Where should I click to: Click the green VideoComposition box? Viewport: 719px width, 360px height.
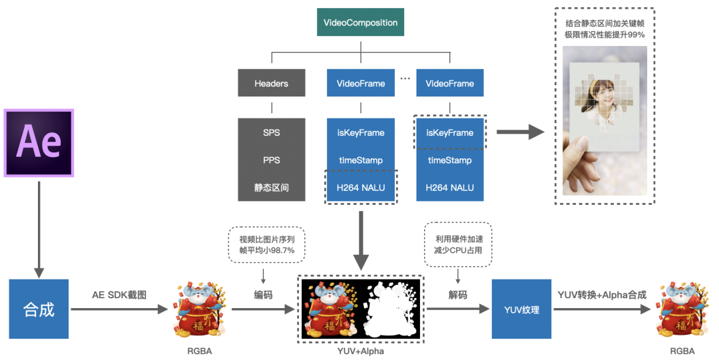[x=360, y=23]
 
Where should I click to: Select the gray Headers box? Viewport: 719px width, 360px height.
[x=271, y=83]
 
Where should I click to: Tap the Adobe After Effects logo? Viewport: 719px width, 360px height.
[x=39, y=142]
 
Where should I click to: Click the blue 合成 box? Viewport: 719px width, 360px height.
[x=39, y=309]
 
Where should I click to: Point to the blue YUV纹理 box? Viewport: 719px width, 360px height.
[x=521, y=309]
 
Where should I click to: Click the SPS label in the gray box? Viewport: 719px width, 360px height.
[x=271, y=132]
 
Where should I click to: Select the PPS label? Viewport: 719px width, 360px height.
[x=271, y=160]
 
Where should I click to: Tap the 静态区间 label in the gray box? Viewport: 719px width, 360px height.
[x=271, y=188]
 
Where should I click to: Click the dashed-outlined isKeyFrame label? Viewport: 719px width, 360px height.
[x=450, y=132]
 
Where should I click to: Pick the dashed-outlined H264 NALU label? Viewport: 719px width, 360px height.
[x=360, y=188]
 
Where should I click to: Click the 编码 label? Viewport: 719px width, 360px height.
[x=263, y=295]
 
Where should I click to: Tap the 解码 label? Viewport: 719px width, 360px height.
[x=457, y=295]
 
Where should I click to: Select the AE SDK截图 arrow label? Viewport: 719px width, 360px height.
[x=120, y=295]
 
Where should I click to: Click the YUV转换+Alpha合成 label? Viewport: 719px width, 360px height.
[x=602, y=295]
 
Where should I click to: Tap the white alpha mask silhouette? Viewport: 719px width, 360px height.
[x=389, y=309]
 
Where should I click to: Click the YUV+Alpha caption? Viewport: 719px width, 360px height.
[x=360, y=351]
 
